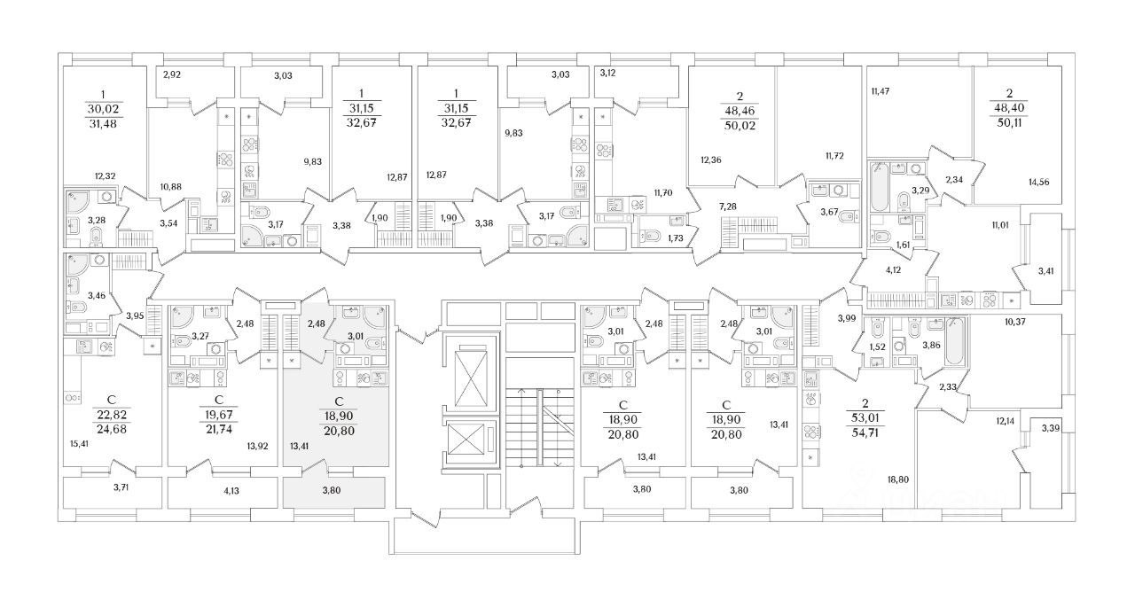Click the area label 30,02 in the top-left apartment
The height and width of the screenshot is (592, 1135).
click(x=101, y=108)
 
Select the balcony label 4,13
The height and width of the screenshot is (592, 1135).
click(x=207, y=489)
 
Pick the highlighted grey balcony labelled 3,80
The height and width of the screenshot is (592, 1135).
click(x=333, y=489)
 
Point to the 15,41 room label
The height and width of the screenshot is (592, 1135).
click(x=78, y=444)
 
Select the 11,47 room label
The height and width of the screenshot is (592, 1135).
click(x=881, y=90)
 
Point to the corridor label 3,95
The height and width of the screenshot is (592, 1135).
click(x=135, y=315)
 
